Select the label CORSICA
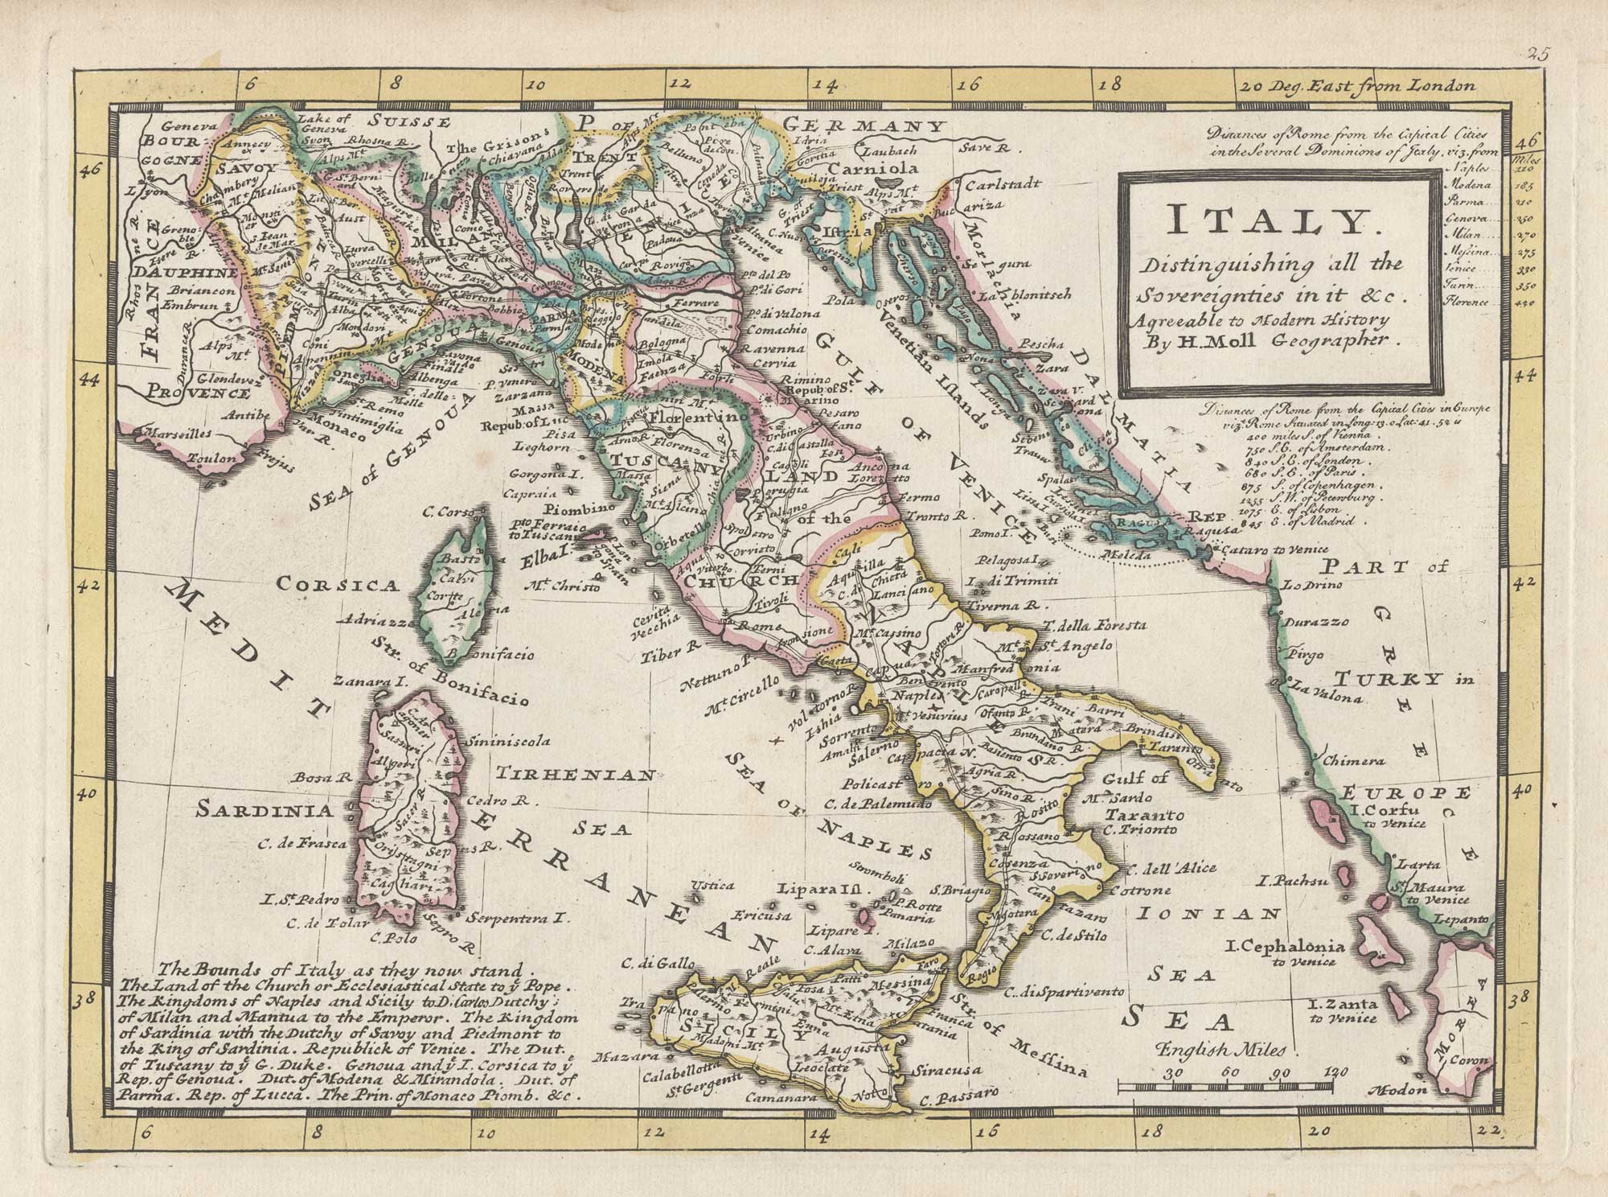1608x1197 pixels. pos(338,585)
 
